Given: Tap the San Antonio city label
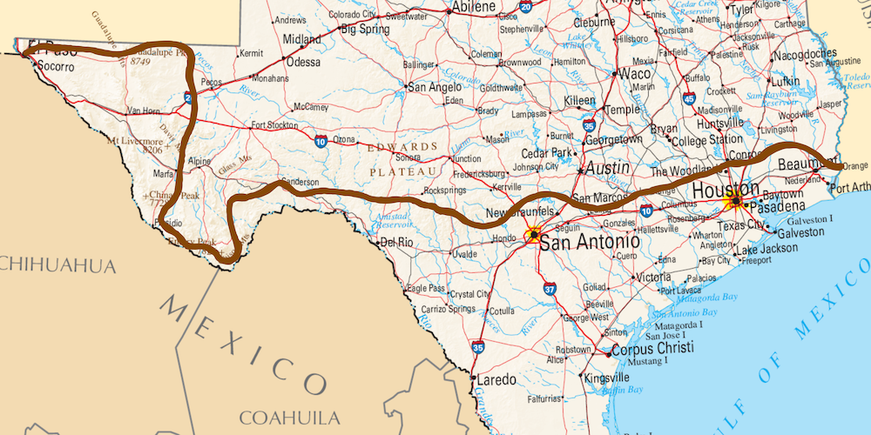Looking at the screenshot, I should [590, 242].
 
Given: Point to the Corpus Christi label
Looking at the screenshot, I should [652, 348].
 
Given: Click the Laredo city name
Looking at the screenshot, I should [498, 379].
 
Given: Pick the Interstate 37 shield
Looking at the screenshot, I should [549, 289].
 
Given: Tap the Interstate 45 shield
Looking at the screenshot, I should [689, 99].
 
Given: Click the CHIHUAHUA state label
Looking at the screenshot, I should [57, 264].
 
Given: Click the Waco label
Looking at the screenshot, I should [634, 75].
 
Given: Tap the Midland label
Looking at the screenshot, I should [301, 39].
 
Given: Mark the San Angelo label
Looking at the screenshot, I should [435, 87].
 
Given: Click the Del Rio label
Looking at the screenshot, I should [396, 242].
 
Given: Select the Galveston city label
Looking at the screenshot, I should [800, 232].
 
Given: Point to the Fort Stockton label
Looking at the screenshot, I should [274, 124].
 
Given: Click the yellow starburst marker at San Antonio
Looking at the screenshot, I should [532, 235].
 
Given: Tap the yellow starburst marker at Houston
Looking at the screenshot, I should [735, 202].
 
